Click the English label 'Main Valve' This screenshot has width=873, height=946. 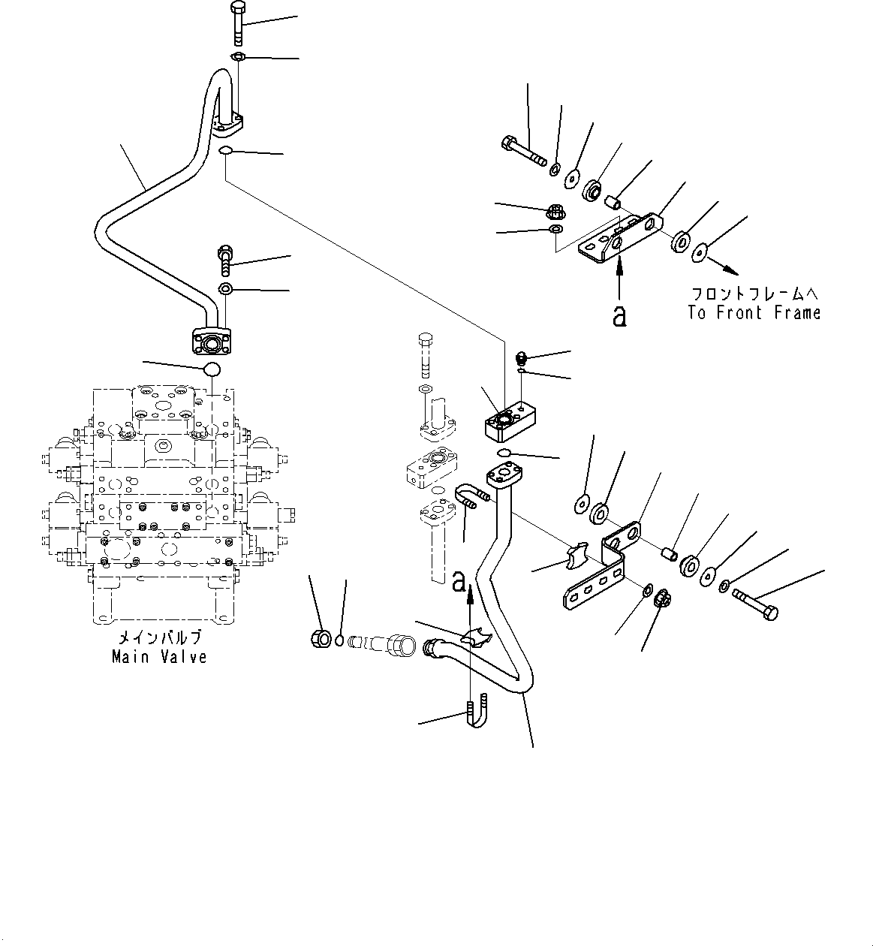pos(159,657)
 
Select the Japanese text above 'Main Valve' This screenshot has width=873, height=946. pos(159,638)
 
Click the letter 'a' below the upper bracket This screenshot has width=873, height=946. pos(619,316)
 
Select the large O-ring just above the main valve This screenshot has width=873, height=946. pos(213,369)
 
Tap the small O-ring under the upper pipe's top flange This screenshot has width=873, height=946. pos(225,152)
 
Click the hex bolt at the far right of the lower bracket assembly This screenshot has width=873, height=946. pos(757,604)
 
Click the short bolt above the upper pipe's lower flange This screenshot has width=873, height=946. pos(225,260)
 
